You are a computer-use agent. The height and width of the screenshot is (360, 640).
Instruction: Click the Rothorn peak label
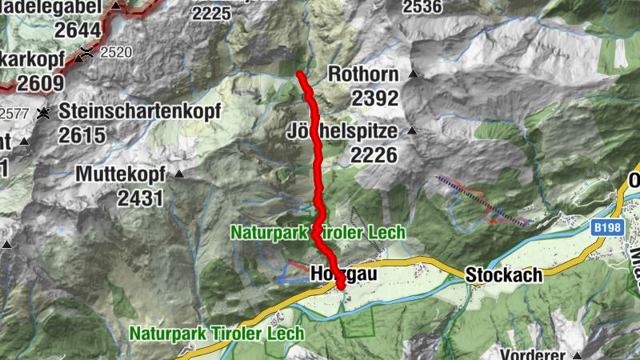362,74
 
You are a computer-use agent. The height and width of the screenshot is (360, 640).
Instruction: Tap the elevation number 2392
374,98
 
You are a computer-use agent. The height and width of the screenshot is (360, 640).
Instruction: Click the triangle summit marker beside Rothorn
414,74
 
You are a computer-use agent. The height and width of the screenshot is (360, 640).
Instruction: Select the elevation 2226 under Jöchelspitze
374,154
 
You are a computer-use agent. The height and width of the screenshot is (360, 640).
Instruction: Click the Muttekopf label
120,174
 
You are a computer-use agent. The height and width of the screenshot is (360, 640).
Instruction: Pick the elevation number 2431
140,198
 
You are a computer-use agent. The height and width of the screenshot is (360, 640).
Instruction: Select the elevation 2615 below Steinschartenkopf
82,135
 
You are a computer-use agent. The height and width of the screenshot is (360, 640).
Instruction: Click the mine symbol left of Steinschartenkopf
42,112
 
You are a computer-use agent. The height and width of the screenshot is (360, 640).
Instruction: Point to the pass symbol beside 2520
86,53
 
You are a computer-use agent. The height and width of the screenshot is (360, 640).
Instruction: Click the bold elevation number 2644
78,30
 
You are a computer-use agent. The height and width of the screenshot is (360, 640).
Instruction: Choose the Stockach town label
503,275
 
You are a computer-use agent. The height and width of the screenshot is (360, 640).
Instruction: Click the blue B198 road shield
607,230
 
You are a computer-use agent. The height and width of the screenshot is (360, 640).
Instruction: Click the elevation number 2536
422,7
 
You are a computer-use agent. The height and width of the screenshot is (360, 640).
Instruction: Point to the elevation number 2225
211,12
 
